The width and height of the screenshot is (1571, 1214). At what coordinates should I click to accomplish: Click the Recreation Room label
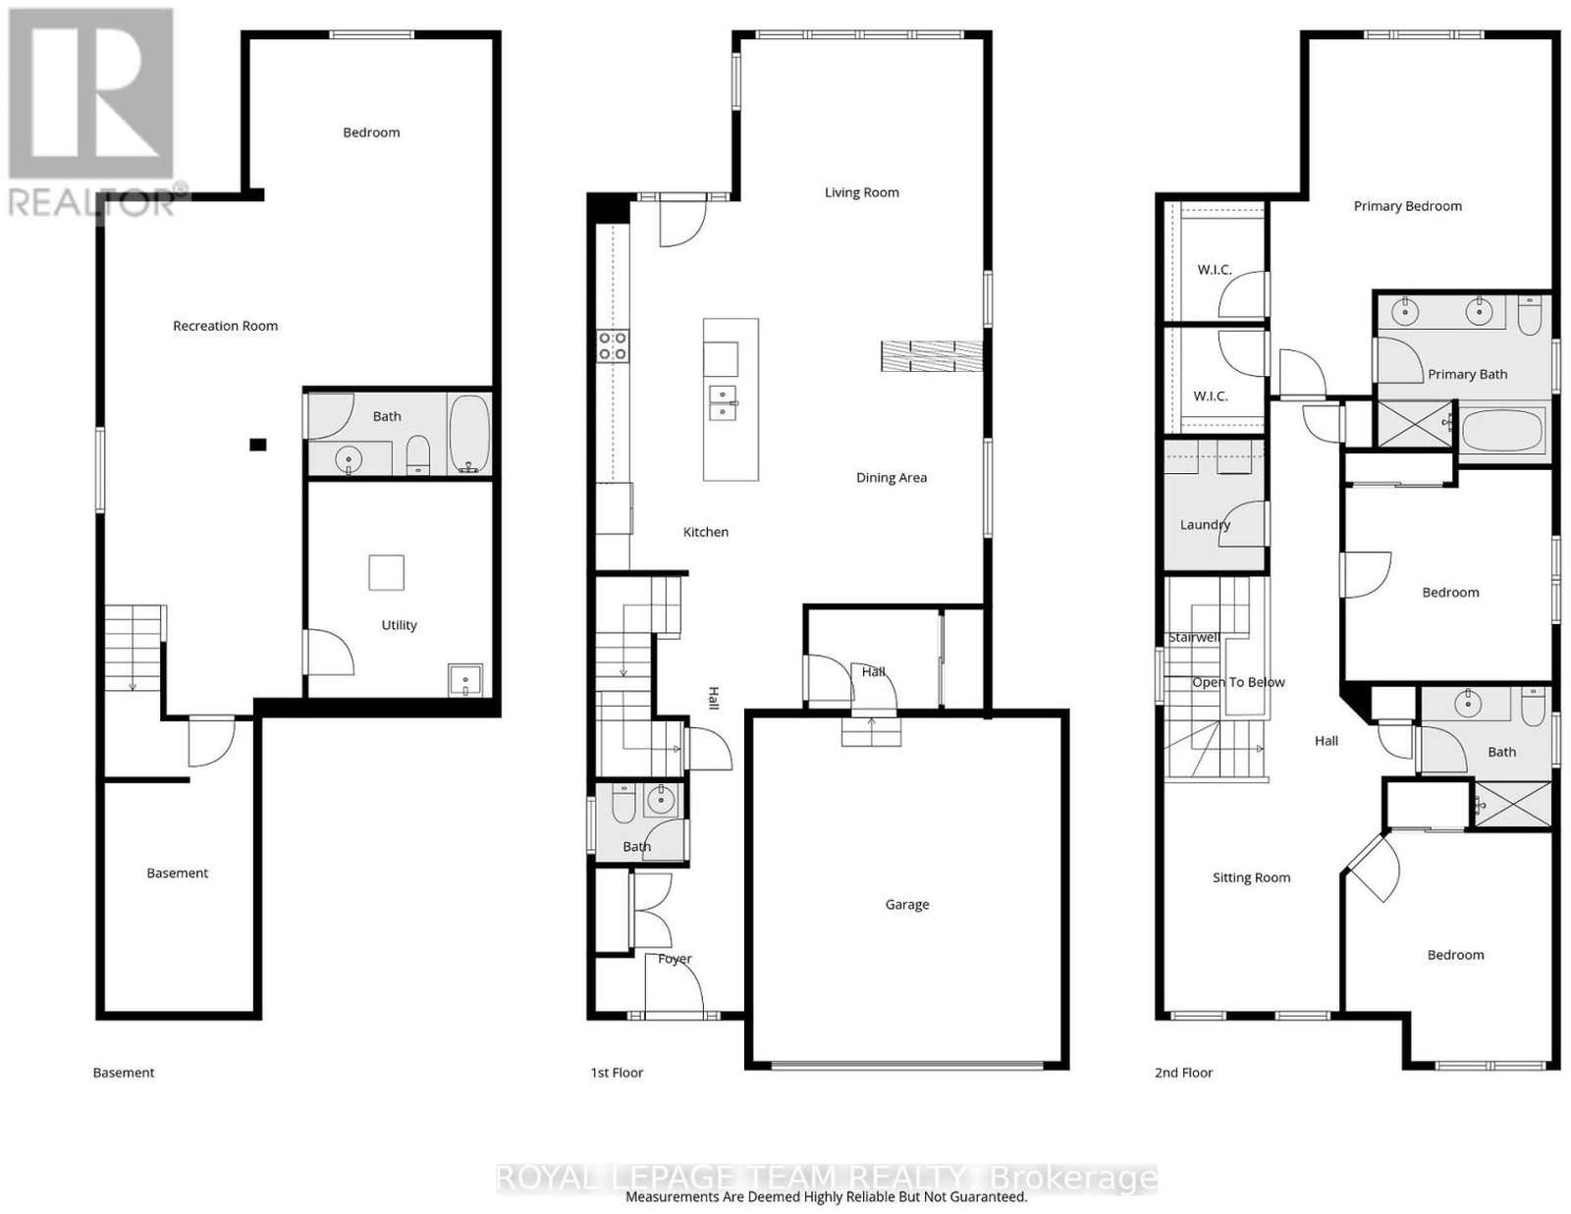225,326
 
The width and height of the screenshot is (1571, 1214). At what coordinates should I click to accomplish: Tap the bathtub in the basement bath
469,435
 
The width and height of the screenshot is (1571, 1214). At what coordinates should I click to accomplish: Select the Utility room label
399,625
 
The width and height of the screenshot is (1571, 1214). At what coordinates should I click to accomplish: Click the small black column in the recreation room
258,446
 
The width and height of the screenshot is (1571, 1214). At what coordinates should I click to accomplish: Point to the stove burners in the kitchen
613,346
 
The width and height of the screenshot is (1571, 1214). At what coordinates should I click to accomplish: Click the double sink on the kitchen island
723,402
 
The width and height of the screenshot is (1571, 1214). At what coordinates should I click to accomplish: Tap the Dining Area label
891,478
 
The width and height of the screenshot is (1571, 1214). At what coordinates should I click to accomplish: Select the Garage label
906,905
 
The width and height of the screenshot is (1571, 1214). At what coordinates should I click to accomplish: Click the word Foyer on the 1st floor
675,959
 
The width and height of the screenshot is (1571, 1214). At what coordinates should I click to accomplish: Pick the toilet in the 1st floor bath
623,804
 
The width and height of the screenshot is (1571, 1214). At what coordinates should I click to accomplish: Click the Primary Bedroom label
1407,207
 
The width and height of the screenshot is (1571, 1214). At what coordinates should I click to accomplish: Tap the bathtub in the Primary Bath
1502,430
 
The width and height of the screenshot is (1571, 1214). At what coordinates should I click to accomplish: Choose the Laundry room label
1205,525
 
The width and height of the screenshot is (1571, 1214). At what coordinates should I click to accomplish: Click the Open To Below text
1238,682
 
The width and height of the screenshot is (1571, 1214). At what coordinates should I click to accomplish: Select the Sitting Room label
1251,878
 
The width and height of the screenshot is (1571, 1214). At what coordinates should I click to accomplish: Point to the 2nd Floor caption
1183,1073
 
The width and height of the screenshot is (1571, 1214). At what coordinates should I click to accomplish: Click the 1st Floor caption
617,1073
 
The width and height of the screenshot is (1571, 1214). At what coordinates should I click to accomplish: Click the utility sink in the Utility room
464,680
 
